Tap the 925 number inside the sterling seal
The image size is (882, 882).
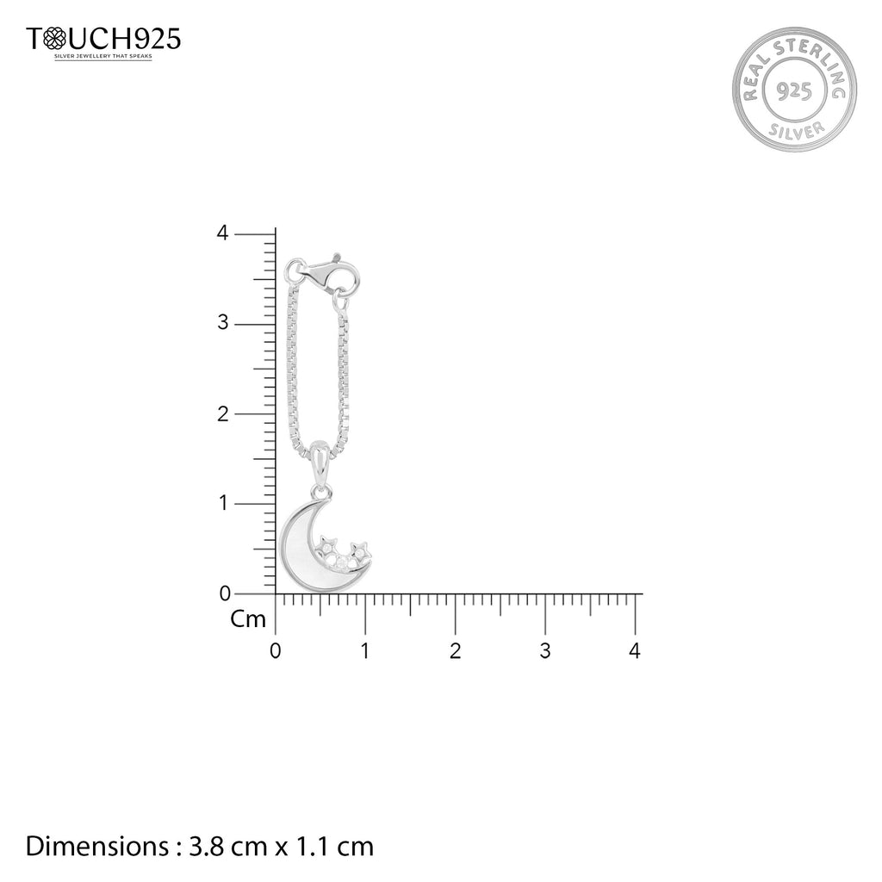point(793,90)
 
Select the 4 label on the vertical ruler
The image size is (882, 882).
point(223,233)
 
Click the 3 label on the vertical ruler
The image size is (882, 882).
point(223,323)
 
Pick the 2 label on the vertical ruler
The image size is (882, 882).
point(223,414)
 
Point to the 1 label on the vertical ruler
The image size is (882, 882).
point(224,503)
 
